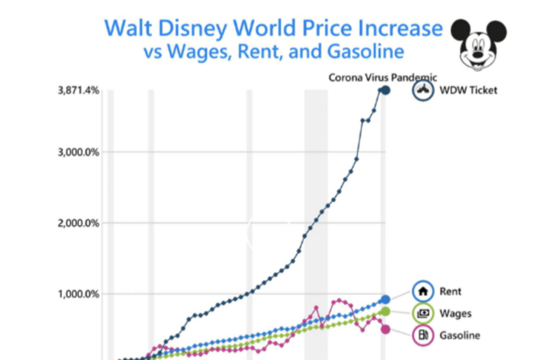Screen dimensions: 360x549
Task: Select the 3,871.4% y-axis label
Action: coord(78,90)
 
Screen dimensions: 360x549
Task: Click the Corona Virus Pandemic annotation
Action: coord(383,77)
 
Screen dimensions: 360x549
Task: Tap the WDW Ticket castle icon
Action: coord(422,90)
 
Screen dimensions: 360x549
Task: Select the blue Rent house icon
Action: coord(422,291)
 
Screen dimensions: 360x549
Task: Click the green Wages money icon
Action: coord(422,313)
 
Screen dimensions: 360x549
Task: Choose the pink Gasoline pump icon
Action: coord(422,336)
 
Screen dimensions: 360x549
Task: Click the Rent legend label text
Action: coord(450,291)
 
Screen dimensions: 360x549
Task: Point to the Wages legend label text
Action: coord(454,313)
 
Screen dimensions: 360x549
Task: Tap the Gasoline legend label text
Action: coord(459,336)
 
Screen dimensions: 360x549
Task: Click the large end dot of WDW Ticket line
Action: coord(385,90)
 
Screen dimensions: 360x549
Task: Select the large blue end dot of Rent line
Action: coord(385,299)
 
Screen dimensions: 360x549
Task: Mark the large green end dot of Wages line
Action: coord(385,311)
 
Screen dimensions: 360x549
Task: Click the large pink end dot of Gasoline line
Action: coord(385,329)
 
